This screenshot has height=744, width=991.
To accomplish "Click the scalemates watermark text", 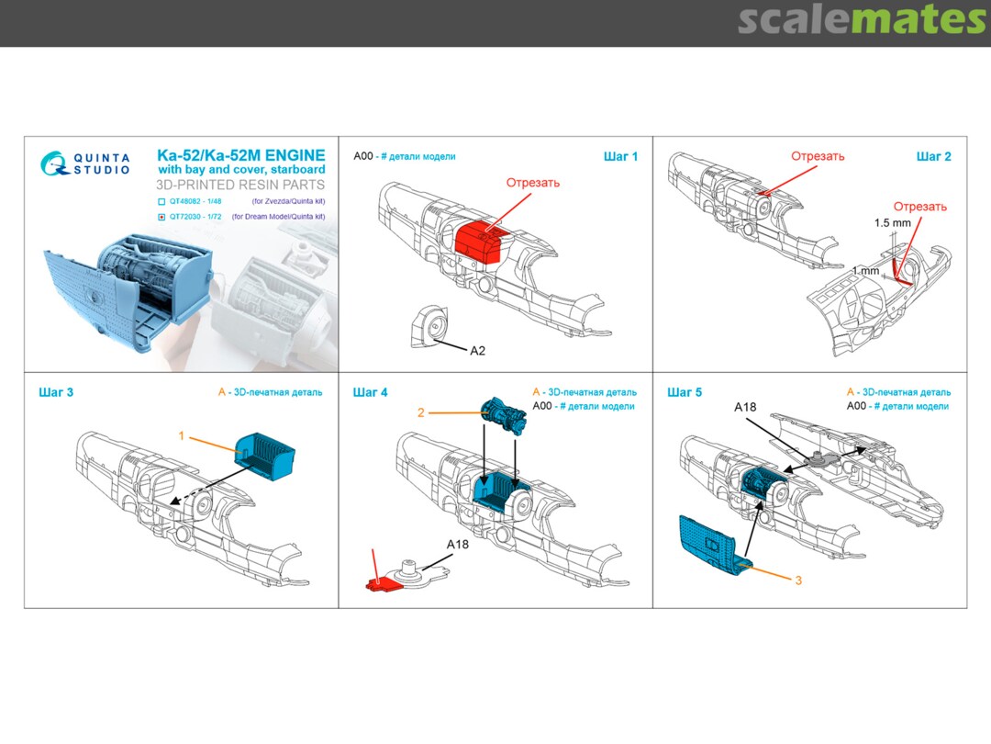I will click(862, 20).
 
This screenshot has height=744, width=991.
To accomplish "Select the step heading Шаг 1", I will click(620, 157).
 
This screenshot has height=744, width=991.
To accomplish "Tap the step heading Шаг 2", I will click(933, 157).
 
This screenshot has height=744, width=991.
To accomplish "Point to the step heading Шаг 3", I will click(56, 393).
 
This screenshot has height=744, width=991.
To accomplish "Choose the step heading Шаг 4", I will click(370, 393).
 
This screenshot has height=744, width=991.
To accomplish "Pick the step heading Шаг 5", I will click(685, 393).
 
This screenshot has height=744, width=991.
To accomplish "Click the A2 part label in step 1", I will click(478, 351).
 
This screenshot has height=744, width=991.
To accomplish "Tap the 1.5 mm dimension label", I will click(894, 223).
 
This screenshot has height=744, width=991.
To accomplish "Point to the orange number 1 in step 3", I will click(182, 436).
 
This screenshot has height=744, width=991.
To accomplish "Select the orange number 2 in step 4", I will click(420, 413).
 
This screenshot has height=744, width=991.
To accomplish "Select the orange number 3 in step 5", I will click(798, 581).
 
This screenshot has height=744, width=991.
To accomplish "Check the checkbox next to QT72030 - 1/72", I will click(162, 217).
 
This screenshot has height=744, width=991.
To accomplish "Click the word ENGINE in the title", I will click(284, 156).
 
